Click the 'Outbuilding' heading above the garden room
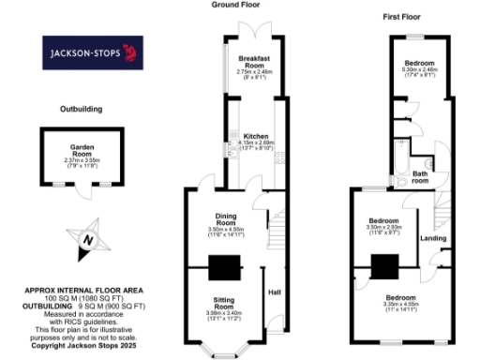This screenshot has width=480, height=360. coord(79,110)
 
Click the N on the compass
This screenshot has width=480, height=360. coord(87,239)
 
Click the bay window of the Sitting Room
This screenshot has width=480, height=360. coord(225,353)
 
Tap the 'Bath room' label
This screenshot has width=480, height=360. coord(421,175)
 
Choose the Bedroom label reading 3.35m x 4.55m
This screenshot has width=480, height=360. coord(398,301)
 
